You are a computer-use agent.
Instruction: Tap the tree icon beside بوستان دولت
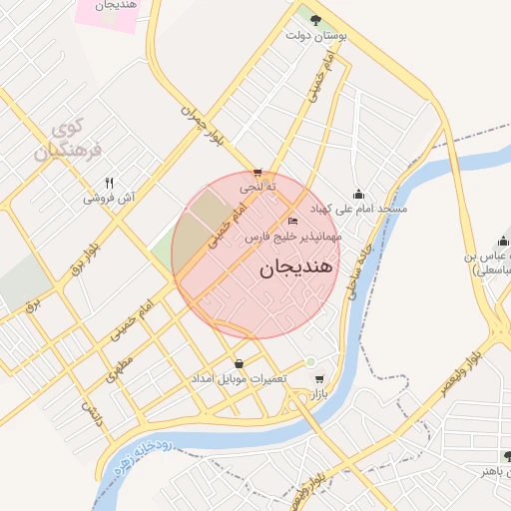pyautogui.click(x=315, y=19)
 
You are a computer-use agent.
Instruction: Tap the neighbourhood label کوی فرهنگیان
pyautogui.click(x=63, y=140)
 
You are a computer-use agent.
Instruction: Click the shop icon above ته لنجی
pyautogui.click(x=258, y=173)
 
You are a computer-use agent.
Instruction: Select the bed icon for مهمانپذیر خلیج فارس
pyautogui.click(x=292, y=221)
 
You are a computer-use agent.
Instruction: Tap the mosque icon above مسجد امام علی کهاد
pyautogui.click(x=359, y=195)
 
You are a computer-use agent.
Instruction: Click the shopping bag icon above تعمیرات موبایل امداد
pyautogui.click(x=239, y=363)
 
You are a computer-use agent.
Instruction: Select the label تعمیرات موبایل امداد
pyautogui.click(x=241, y=380)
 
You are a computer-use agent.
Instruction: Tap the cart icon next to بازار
pyautogui.click(x=318, y=379)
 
